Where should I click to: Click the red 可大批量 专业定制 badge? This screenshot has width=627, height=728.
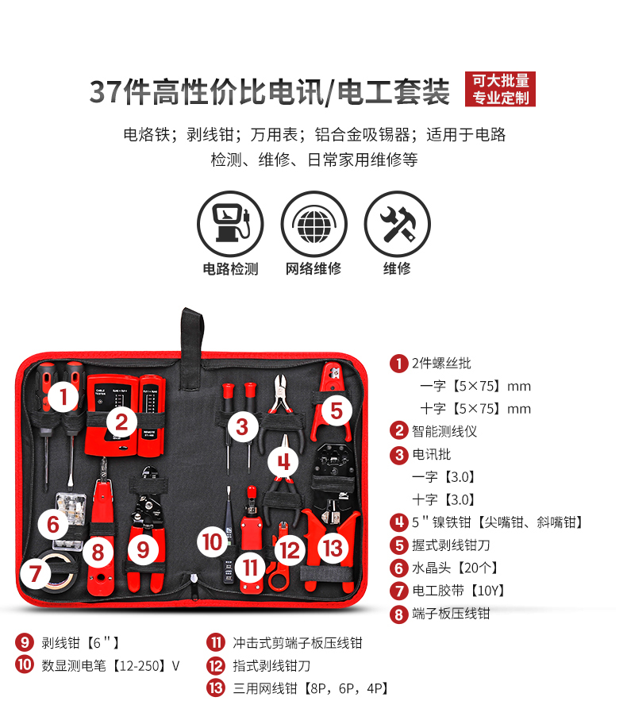(500, 89)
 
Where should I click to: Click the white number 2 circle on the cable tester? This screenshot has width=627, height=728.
(121, 421)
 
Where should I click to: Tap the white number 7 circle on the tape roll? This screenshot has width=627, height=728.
(35, 572)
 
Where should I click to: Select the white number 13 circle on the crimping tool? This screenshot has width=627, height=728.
(333, 548)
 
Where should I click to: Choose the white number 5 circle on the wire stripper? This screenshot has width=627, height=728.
(336, 410)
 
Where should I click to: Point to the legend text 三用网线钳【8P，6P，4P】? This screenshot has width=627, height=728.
(310, 688)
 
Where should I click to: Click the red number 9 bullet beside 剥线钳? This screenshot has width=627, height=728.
(24, 642)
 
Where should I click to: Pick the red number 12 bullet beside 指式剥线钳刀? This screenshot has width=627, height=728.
(215, 665)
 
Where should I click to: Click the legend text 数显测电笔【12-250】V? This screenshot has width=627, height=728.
(110, 665)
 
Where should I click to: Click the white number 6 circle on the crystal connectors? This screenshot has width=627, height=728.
(52, 524)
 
